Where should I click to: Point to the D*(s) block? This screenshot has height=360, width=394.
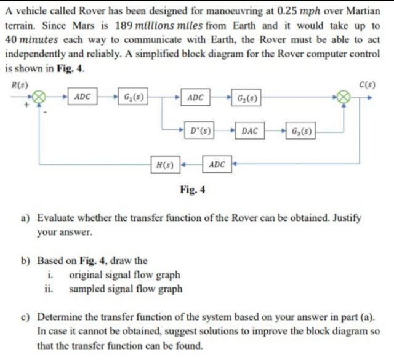(x=201, y=130)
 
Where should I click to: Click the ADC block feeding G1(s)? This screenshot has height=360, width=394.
(x=82, y=97)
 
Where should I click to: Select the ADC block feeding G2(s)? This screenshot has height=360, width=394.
(x=196, y=97)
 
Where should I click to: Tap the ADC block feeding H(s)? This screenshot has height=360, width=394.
(x=217, y=164)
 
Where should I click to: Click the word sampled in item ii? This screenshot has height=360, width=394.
(x=86, y=287)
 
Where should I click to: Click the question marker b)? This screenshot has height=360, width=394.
(x=27, y=260)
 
